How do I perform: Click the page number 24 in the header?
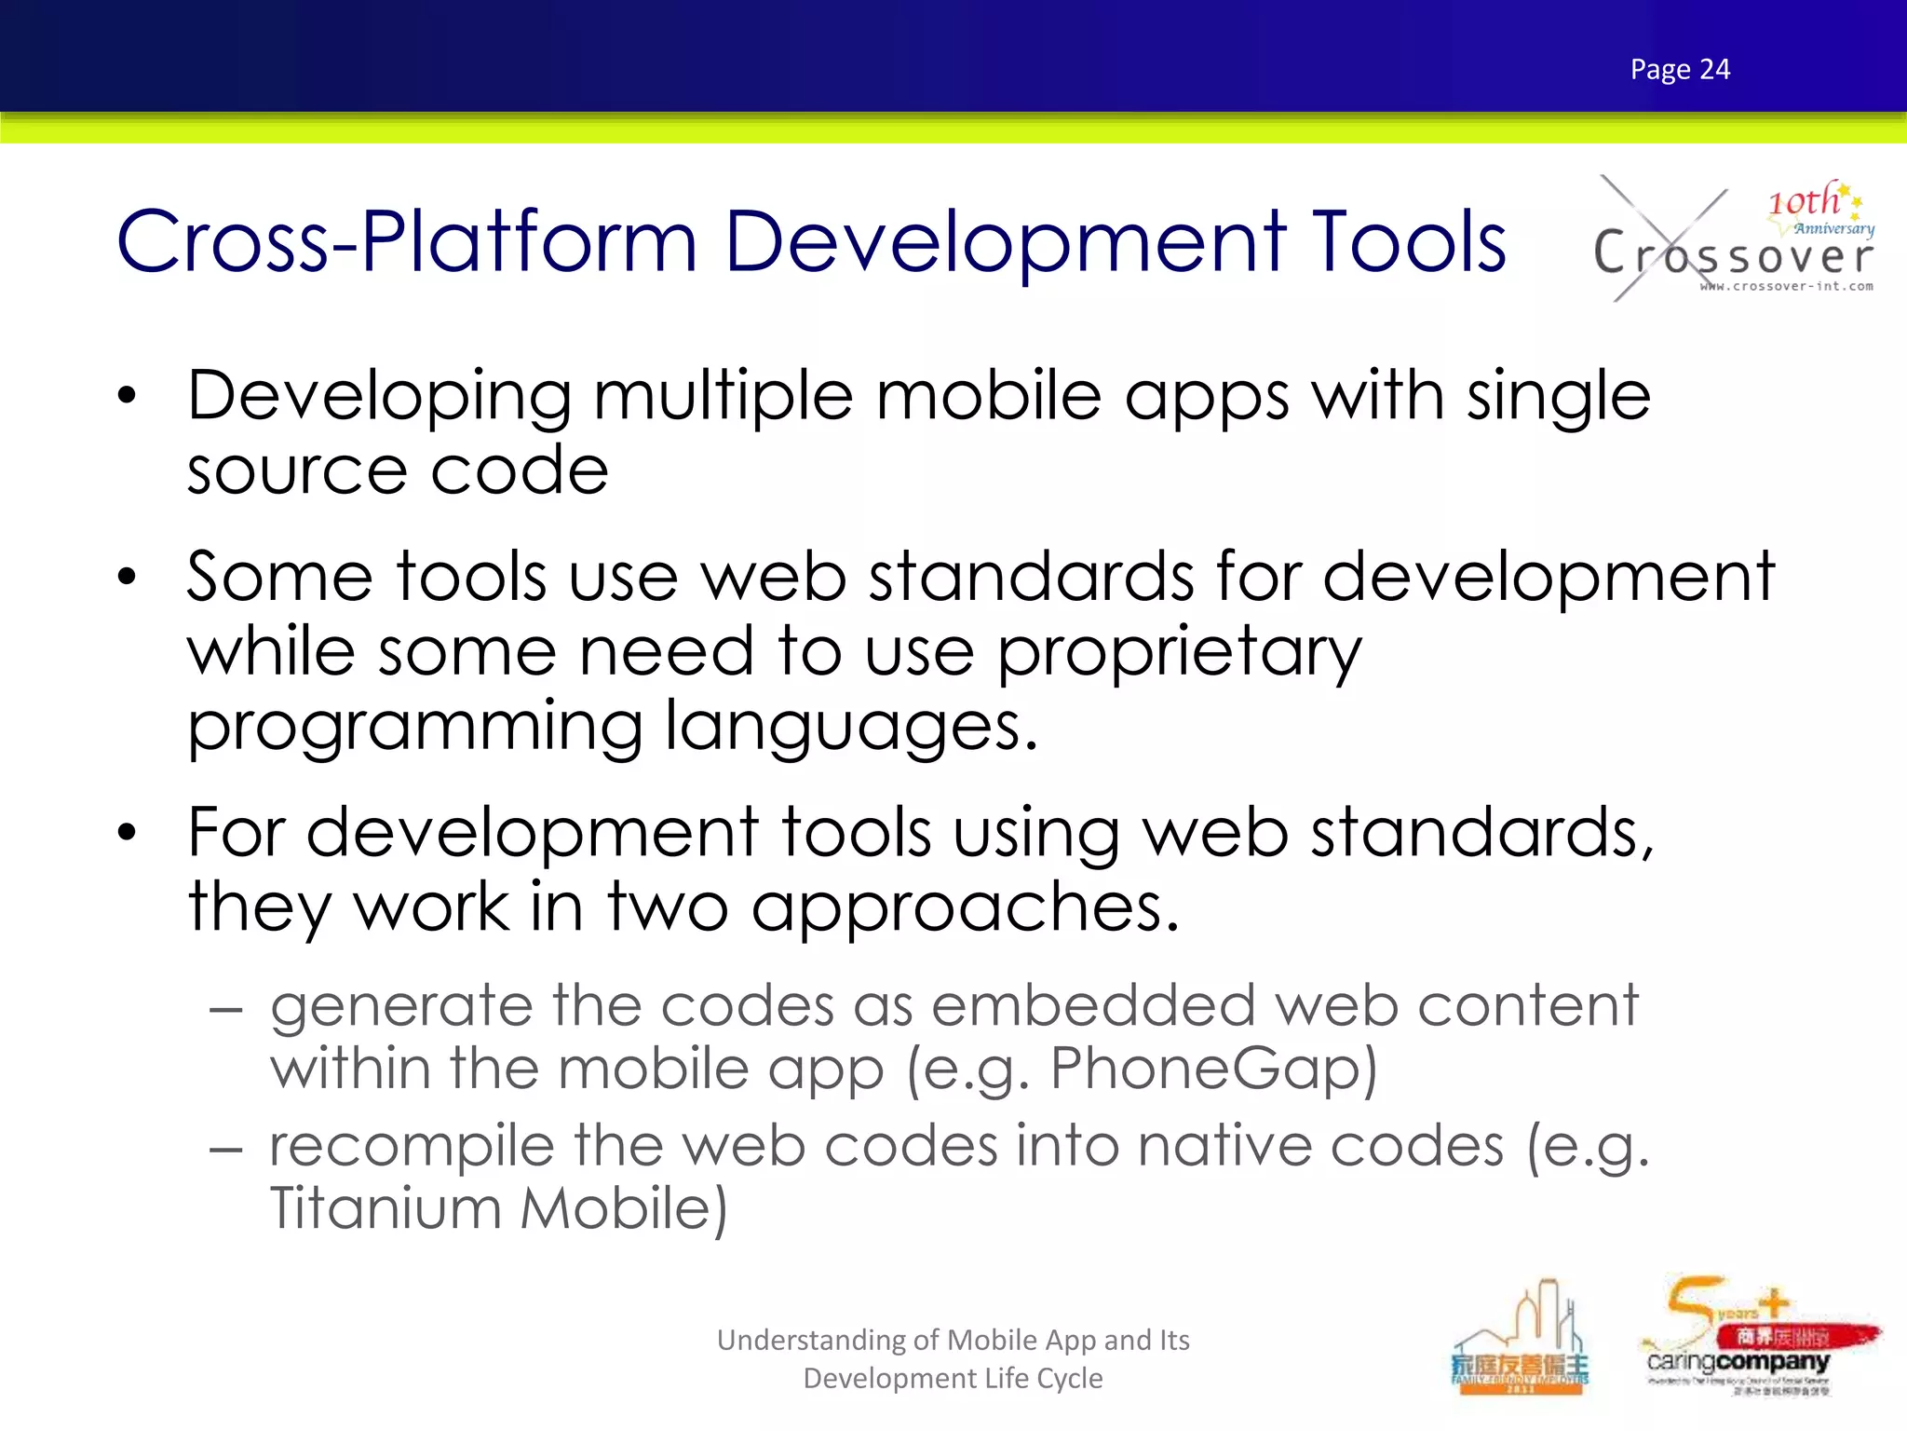tap(1714, 70)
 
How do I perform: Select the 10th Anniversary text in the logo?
tap(1819, 210)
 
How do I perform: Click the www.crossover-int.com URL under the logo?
tap(1786, 287)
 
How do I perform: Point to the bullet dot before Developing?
tap(128, 396)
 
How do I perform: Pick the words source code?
tap(398, 470)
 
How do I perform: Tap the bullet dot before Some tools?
tap(128, 578)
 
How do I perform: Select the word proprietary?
tap(1179, 652)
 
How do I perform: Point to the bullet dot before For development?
tap(128, 832)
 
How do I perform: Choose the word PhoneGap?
tap(1212, 1069)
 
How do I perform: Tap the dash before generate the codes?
tap(226, 1009)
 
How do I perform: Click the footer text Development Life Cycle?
tap(953, 1378)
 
